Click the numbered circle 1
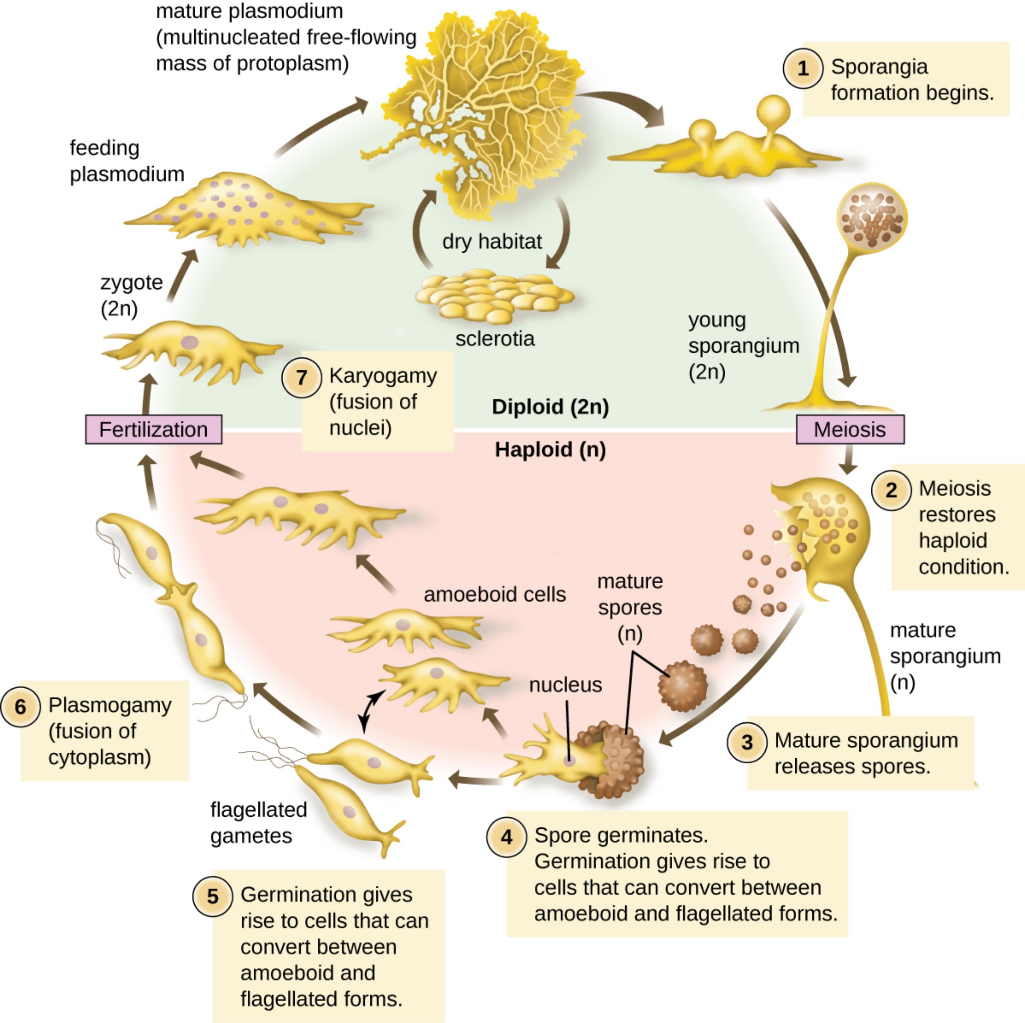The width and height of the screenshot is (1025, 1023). point(803,68)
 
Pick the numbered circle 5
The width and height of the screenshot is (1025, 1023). point(212,897)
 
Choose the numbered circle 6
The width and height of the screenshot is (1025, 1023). point(20,706)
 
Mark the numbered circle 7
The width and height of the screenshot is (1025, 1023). point(302,377)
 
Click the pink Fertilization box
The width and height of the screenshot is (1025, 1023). point(154,430)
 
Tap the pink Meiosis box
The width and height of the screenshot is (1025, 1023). point(850,430)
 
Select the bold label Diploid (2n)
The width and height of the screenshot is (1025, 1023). point(550,407)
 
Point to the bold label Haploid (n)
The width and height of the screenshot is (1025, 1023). point(550,450)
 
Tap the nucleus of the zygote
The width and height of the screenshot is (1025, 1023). point(189,342)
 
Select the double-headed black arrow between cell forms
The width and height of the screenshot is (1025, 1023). point(372,710)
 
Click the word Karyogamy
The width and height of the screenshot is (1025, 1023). point(383,375)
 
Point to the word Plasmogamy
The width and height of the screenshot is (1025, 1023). point(110,705)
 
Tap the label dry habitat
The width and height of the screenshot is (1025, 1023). point(492,242)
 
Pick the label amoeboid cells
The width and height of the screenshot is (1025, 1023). point(495,594)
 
